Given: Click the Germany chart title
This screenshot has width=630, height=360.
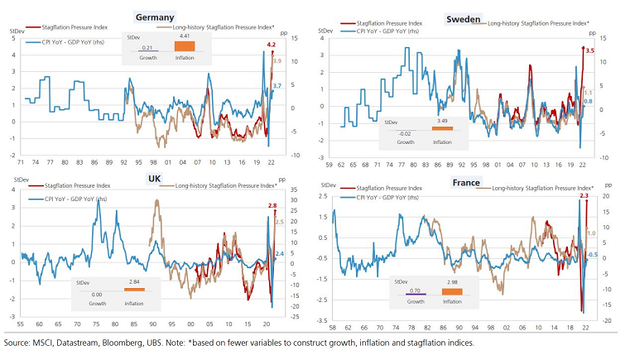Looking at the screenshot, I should (154, 17).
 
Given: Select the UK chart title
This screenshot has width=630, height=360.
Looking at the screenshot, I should (154, 178).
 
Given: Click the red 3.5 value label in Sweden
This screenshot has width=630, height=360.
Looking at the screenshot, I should (589, 50).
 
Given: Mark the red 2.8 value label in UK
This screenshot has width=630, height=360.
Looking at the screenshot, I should (272, 204).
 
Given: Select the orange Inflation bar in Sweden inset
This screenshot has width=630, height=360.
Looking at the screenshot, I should (442, 128).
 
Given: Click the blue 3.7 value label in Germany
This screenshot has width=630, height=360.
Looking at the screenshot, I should (277, 86).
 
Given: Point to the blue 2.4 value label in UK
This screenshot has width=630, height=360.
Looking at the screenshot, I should (279, 253).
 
